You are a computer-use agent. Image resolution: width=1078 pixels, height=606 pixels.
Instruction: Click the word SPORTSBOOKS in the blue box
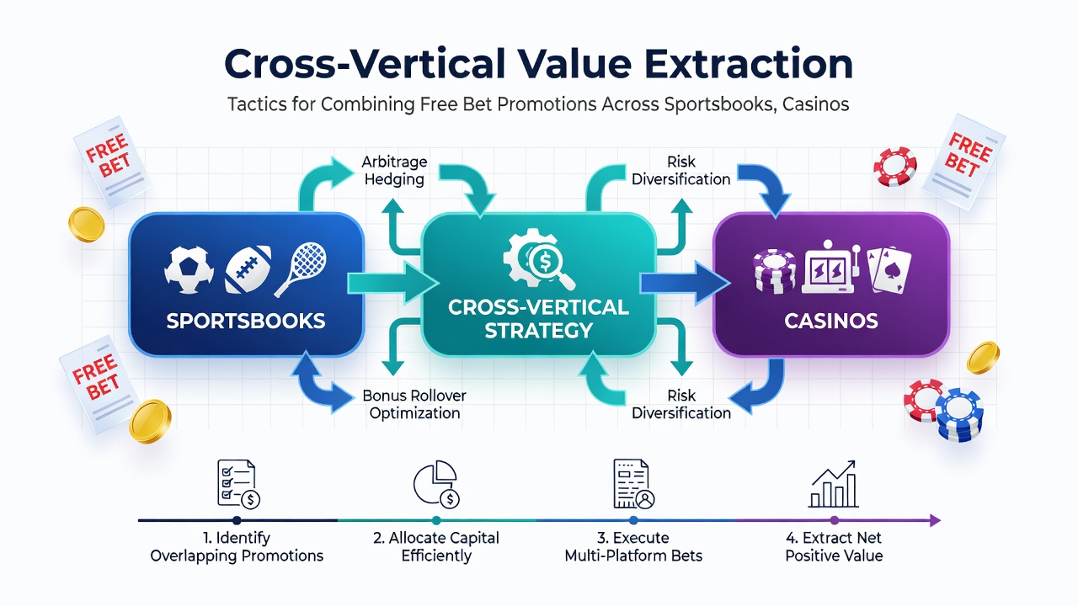(245, 321)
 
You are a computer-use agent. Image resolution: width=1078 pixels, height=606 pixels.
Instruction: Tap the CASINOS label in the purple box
(831, 321)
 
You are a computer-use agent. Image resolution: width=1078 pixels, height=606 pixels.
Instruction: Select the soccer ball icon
(189, 270)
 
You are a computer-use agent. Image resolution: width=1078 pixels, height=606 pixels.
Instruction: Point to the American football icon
(248, 268)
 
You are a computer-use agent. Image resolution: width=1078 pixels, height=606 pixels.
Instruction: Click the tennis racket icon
(301, 268)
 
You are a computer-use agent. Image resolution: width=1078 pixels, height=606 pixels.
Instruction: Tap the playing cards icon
(889, 270)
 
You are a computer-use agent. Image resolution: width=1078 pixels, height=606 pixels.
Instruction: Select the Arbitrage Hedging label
(394, 170)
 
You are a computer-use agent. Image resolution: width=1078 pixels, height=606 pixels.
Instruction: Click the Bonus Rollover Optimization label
(414, 404)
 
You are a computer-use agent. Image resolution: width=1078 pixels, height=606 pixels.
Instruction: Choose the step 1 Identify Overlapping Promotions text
(237, 546)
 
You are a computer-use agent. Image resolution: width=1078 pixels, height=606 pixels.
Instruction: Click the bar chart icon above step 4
(834, 484)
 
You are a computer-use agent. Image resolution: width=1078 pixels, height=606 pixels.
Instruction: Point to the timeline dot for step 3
(633, 520)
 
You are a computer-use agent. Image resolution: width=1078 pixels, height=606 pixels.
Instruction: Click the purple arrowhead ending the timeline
(935, 520)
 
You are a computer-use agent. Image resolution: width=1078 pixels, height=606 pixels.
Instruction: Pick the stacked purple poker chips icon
(774, 271)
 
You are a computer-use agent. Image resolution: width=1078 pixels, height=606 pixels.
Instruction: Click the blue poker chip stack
(959, 415)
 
